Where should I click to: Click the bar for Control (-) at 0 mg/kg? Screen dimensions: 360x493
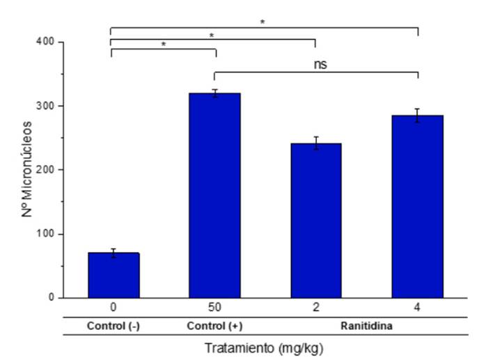(114, 275)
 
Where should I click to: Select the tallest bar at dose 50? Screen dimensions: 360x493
(214, 195)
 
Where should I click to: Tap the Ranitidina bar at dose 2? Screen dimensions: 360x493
(315, 220)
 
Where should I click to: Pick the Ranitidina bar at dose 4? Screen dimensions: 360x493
(417, 206)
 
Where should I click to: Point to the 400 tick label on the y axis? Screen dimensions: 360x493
(47, 42)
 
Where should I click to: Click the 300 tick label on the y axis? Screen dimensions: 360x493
(47, 106)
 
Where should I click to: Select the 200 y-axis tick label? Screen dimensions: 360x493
(47, 170)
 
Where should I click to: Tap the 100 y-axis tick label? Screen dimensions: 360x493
(47, 234)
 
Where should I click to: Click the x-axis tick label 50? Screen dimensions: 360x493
(214, 308)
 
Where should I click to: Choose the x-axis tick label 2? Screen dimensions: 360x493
(315, 308)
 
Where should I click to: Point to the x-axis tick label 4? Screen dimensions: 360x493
(417, 308)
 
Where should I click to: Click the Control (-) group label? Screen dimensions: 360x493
(114, 326)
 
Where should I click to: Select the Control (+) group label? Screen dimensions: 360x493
(214, 326)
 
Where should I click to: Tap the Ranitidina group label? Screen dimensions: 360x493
(366, 326)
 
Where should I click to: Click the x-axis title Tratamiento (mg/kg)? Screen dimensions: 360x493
(264, 347)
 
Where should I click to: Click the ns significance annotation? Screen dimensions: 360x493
(319, 64)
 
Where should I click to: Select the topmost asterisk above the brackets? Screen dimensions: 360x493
(263, 22)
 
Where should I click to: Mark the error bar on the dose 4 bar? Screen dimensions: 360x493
(417, 116)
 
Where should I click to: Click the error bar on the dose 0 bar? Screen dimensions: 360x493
(114, 253)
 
